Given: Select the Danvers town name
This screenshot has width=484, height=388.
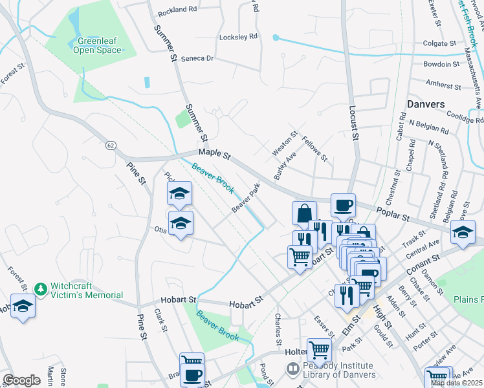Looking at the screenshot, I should click(426, 104).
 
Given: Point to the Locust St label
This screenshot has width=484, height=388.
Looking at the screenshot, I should click(354, 124).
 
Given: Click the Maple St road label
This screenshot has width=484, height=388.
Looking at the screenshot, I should click(214, 153).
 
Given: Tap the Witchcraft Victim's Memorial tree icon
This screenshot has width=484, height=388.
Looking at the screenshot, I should click(40, 287).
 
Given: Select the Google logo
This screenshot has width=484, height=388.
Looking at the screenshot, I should click(21, 380).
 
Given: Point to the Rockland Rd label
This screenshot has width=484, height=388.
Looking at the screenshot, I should click(176, 9).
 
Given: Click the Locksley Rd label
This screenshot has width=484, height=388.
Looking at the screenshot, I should click(238, 37).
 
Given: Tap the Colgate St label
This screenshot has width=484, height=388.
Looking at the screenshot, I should click(440, 43).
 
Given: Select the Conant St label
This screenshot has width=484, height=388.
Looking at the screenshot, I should click(424, 264).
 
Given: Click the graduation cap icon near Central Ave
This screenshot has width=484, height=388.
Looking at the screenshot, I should click(463, 232).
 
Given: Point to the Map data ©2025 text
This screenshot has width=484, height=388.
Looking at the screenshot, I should click(456, 383).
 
